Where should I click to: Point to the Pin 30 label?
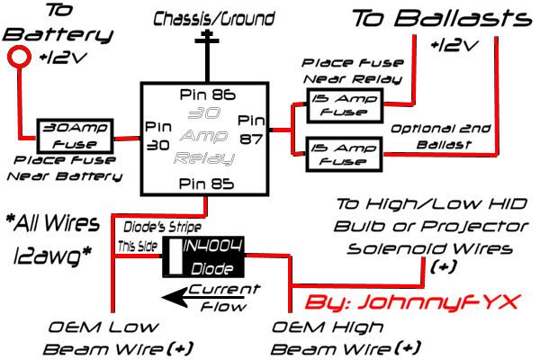tap(159, 135)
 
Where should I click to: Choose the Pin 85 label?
tap(205, 184)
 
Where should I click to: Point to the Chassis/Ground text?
tap(203, 18)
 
